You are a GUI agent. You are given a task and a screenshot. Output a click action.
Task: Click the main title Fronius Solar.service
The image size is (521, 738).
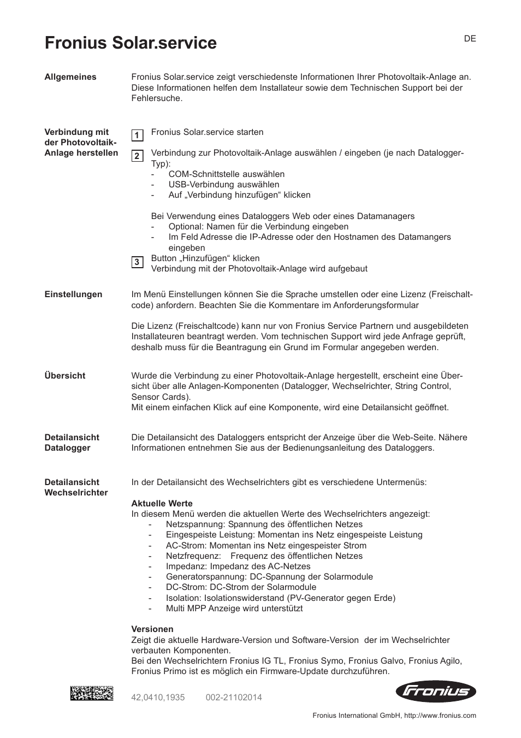pyautogui.click(x=131, y=43)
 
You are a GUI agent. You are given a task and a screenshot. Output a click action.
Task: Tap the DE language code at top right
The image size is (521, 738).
pyautogui.click(x=470, y=39)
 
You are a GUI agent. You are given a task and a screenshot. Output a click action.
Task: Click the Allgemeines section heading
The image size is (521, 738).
pyautogui.click(x=70, y=77)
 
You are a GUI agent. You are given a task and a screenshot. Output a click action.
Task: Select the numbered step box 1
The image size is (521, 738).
pyautogui.click(x=137, y=135)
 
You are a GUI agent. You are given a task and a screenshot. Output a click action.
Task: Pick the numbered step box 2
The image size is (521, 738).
pyautogui.click(x=137, y=156)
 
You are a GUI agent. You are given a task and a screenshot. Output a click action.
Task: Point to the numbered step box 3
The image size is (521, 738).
pyautogui.click(x=137, y=263)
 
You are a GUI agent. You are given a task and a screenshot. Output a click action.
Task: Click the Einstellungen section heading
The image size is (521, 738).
pyautogui.click(x=73, y=294)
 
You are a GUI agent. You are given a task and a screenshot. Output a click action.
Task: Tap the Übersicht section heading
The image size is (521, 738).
pyautogui.click(x=65, y=376)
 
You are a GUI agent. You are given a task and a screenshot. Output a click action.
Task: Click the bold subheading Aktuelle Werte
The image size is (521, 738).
pyautogui.click(x=162, y=504)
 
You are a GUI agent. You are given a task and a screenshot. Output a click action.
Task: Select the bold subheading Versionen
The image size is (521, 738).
pyautogui.click(x=152, y=629)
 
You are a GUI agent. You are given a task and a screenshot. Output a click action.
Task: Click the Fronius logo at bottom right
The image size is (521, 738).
pyautogui.click(x=435, y=692)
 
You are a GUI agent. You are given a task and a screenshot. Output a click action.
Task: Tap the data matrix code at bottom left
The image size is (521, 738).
pyautogui.click(x=92, y=694)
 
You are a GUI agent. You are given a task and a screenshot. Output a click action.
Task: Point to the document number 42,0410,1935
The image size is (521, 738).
pyautogui.click(x=158, y=698)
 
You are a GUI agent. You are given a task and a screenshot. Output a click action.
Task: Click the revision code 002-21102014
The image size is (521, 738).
pyautogui.click(x=234, y=698)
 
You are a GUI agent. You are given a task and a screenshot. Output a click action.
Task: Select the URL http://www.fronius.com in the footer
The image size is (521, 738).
pyautogui.click(x=440, y=716)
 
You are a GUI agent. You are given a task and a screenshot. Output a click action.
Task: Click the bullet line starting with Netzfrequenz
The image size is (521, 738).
pyautogui.click(x=264, y=556)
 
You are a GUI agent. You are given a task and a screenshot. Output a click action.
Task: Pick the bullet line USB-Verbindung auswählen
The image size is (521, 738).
pyautogui.click(x=223, y=185)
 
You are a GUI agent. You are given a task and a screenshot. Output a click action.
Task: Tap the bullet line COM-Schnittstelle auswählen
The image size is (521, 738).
pyautogui.click(x=226, y=174)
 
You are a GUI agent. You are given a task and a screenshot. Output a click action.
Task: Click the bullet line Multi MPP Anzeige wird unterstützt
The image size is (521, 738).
pyautogui.click(x=234, y=609)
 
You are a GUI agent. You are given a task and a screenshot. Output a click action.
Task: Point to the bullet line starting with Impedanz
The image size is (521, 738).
pyautogui.click(x=238, y=566)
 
